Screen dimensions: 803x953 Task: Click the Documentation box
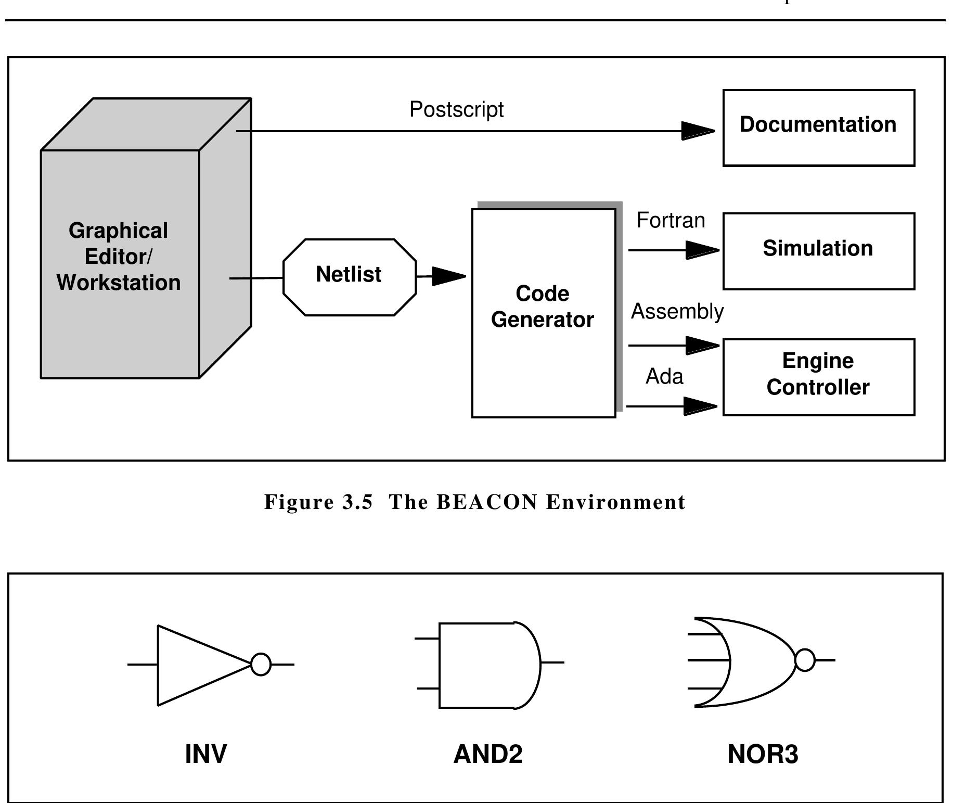click(818, 128)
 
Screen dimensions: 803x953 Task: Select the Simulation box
click(818, 251)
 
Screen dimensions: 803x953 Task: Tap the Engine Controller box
click(818, 377)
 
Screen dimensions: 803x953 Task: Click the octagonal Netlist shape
click(349, 277)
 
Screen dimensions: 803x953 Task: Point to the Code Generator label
click(543, 307)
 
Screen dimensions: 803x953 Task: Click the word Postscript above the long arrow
click(456, 109)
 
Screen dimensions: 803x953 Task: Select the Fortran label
click(671, 220)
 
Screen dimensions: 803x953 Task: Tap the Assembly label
click(677, 311)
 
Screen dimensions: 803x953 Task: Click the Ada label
click(664, 376)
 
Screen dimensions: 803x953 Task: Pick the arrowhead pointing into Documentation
click(698, 131)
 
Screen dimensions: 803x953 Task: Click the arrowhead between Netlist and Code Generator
click(448, 276)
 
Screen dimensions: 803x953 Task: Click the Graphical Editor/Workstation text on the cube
click(119, 257)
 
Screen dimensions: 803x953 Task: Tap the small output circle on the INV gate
click(261, 664)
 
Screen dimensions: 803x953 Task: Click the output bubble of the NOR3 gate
click(805, 660)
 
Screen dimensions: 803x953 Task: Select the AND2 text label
click(487, 754)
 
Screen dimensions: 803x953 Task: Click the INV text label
click(206, 754)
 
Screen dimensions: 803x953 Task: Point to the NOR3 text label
click(762, 754)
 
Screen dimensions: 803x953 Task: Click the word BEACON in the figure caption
click(486, 502)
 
